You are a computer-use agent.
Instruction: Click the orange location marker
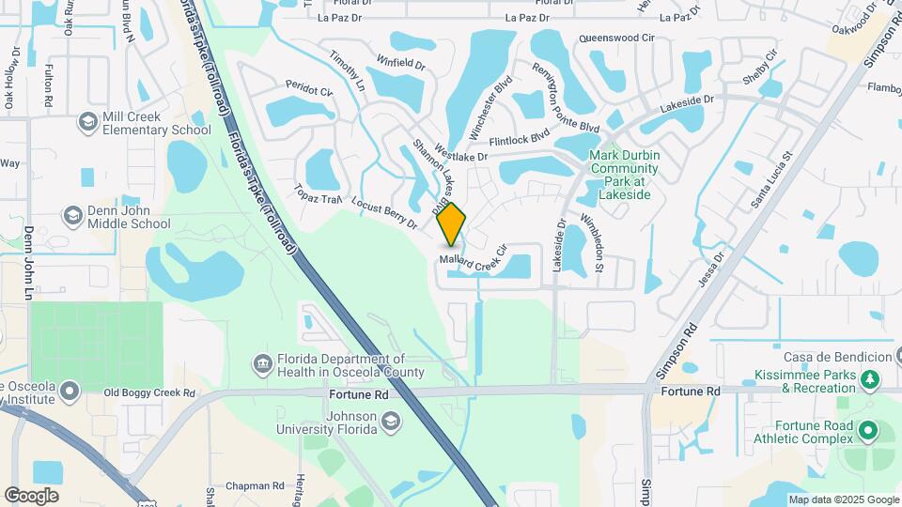click(x=452, y=223)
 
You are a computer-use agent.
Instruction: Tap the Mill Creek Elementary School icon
click(x=88, y=122)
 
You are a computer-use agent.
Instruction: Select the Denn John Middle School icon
click(x=72, y=216)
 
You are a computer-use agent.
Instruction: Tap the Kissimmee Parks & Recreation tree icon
click(x=871, y=379)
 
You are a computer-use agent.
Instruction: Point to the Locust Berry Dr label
click(x=383, y=213)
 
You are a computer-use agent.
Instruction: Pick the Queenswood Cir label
click(x=616, y=38)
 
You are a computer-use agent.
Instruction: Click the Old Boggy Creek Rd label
click(x=148, y=392)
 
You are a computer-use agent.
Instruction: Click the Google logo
click(x=31, y=496)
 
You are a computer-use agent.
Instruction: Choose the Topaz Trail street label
click(x=318, y=193)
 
